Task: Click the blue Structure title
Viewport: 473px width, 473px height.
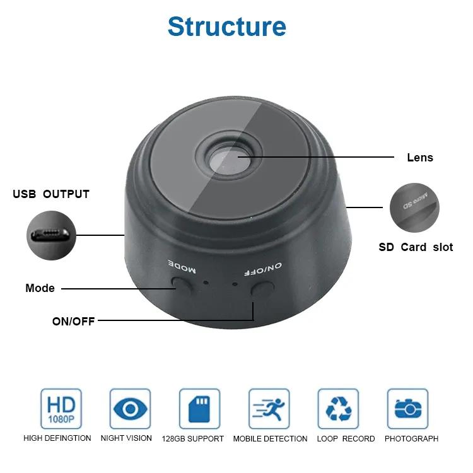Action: [227, 26]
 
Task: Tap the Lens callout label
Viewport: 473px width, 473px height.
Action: [420, 158]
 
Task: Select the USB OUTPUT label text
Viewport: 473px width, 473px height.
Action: [51, 194]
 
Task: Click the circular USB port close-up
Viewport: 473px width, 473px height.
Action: [51, 235]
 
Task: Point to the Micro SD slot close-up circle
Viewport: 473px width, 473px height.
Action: [414, 207]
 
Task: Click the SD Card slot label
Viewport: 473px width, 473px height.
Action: [416, 247]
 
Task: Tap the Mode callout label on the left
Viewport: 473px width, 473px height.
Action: [40, 288]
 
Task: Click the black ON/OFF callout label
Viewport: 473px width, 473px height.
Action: [73, 321]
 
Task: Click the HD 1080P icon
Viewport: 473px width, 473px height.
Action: [61, 409]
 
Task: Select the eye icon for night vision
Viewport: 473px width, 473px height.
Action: [131, 409]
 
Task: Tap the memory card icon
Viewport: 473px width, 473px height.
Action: [199, 409]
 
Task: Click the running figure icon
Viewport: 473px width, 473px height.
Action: [269, 409]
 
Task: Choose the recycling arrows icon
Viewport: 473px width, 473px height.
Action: [338, 409]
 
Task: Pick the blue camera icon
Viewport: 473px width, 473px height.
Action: [407, 409]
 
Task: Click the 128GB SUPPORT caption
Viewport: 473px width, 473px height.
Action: [193, 438]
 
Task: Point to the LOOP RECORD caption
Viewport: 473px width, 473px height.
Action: [346, 438]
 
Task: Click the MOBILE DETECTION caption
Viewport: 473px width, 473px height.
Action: [270, 438]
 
